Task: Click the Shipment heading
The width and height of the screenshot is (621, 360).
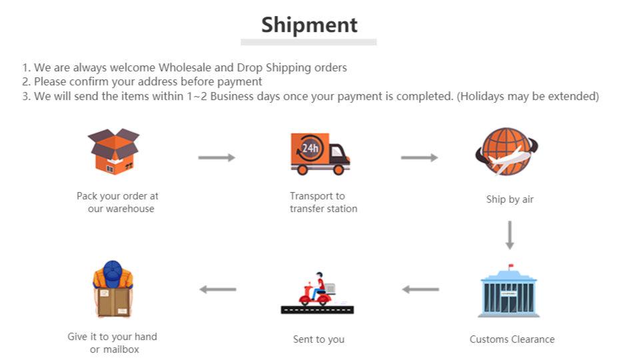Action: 309,25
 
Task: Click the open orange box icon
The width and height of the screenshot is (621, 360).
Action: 114,151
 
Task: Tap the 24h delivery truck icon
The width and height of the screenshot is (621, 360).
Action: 320,154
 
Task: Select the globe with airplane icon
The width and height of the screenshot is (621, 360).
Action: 506,151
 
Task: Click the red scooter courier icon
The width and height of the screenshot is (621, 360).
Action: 317,293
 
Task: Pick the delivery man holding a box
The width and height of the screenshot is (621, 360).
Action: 113,289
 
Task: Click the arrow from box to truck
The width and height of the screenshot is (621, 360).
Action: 217,158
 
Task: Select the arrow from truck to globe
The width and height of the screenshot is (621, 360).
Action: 419,158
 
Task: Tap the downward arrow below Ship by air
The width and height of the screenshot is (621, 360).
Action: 510,235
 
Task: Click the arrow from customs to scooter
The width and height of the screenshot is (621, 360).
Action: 420,289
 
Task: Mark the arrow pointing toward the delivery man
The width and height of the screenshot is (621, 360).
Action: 218,289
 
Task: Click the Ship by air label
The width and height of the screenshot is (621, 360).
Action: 510,199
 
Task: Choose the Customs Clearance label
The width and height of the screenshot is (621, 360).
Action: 512,339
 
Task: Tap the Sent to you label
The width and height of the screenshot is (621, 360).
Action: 318,339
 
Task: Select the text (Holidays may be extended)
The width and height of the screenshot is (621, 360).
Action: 528,97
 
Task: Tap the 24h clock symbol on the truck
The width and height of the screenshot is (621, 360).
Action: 310,148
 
